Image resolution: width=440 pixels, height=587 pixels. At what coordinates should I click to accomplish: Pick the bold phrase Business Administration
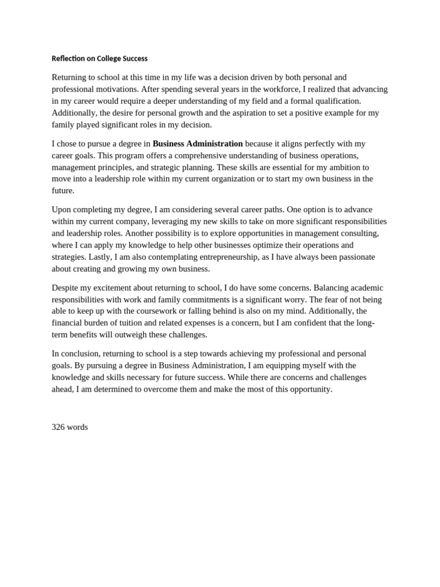click(x=198, y=143)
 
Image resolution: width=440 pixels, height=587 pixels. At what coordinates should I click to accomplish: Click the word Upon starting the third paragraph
click(x=62, y=209)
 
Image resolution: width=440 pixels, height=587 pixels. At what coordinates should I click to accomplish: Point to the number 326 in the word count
click(x=58, y=427)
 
